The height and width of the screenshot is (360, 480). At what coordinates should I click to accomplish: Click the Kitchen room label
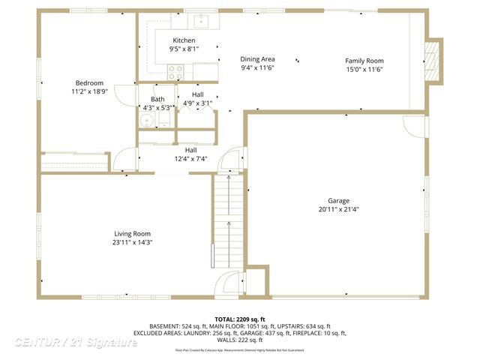tap(184, 40)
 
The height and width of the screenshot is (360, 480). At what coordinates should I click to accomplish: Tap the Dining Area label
tap(257, 59)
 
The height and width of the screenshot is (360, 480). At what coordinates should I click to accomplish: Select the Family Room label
tap(364, 61)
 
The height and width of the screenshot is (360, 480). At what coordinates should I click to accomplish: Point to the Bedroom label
tap(89, 82)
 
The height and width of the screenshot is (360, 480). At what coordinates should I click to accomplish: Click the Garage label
tap(338, 201)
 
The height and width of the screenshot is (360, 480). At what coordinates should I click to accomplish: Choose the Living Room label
tap(133, 233)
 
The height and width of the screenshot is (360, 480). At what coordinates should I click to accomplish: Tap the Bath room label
tap(157, 99)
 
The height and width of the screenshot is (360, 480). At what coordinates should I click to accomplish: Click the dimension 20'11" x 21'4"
tap(338, 210)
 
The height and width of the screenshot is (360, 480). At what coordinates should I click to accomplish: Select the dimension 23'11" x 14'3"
tap(133, 242)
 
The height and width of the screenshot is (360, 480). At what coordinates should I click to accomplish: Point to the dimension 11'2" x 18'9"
tap(89, 91)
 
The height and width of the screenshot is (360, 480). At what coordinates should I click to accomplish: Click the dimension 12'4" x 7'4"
tap(190, 158)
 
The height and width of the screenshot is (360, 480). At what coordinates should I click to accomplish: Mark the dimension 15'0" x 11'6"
tap(364, 69)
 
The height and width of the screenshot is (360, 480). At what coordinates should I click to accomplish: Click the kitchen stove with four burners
tap(175, 72)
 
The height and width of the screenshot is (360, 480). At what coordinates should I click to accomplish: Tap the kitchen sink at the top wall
tap(200, 20)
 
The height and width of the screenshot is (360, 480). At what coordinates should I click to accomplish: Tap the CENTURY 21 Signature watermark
tap(75, 343)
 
